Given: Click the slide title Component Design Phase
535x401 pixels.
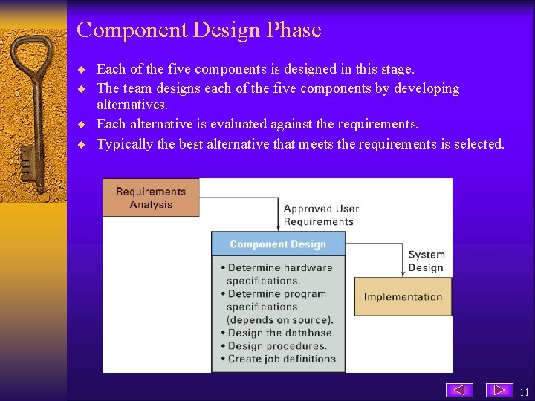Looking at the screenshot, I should (198, 30).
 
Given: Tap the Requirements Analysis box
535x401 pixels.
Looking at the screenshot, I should (151, 198).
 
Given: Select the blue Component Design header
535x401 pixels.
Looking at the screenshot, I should (278, 244).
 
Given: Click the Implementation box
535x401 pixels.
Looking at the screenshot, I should (403, 296).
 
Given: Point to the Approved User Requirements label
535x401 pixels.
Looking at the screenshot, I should (320, 215).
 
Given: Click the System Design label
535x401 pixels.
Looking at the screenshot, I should (426, 261).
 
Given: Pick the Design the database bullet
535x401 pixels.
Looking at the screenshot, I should (281, 333).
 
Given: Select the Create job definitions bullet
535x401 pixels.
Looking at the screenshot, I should (282, 359).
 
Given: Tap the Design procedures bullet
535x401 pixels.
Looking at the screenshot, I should (277, 345).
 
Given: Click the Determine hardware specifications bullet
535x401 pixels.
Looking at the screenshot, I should (279, 274).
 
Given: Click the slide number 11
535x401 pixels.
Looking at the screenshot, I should (525, 392).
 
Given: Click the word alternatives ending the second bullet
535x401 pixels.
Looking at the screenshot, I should (132, 105).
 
